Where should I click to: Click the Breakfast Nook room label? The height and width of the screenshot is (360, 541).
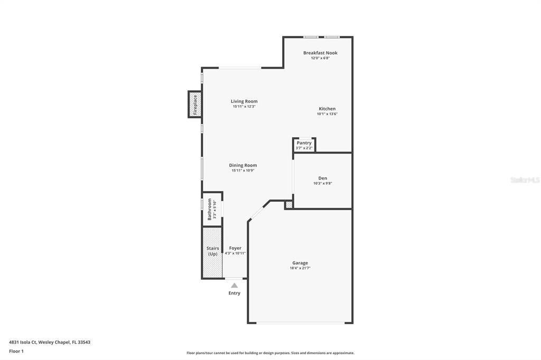[x=320, y=53]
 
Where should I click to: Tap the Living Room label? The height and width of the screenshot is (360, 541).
[x=244, y=101]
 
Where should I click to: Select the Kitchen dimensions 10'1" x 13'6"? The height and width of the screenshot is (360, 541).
[x=327, y=114]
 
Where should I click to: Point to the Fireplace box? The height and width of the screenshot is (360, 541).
[x=194, y=105]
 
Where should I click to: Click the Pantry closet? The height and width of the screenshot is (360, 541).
[x=304, y=145]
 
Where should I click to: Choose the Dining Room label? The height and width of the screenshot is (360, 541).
[x=243, y=165]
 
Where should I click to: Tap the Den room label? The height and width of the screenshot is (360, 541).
[x=322, y=178]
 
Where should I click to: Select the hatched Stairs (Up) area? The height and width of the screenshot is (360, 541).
[x=212, y=252]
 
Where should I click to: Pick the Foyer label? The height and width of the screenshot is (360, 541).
[x=235, y=248]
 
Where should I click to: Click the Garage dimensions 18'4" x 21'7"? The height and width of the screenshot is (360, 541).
[x=300, y=268]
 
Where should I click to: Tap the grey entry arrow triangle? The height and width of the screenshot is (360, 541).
[x=234, y=285]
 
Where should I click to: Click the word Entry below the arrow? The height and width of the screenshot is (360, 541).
[x=234, y=293]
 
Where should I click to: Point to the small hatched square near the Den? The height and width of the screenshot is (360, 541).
[x=289, y=204]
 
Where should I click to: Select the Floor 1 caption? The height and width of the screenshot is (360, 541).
[x=16, y=351]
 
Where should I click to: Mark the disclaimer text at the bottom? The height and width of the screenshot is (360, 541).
[x=270, y=353]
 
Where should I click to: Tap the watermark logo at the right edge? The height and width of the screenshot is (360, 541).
[x=525, y=180]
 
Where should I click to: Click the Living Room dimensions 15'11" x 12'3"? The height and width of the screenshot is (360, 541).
[x=244, y=107]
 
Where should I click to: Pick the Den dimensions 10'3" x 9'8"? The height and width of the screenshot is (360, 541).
[x=322, y=184]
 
